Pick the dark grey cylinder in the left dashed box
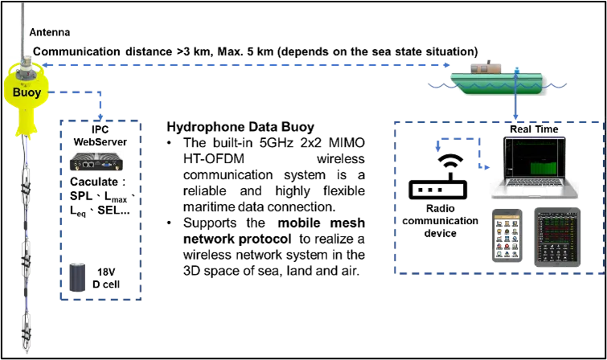click(x=78, y=276)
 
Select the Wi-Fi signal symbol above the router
click(x=447, y=160)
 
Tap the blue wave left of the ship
click(x=438, y=83)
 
